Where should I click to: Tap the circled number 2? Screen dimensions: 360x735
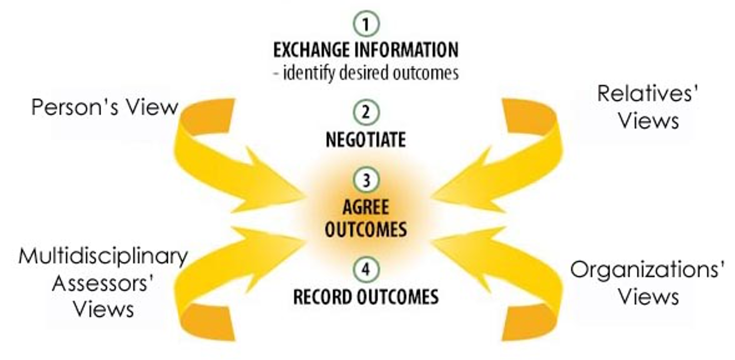[x=366, y=112]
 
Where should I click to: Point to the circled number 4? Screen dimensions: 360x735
[x=366, y=270]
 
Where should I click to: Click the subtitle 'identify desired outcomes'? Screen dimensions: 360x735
[x=366, y=73]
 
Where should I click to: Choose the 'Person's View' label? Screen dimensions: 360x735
[x=105, y=107]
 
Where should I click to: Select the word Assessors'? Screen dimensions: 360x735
[x=102, y=283]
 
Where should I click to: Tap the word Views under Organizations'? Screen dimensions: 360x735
[x=648, y=297]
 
